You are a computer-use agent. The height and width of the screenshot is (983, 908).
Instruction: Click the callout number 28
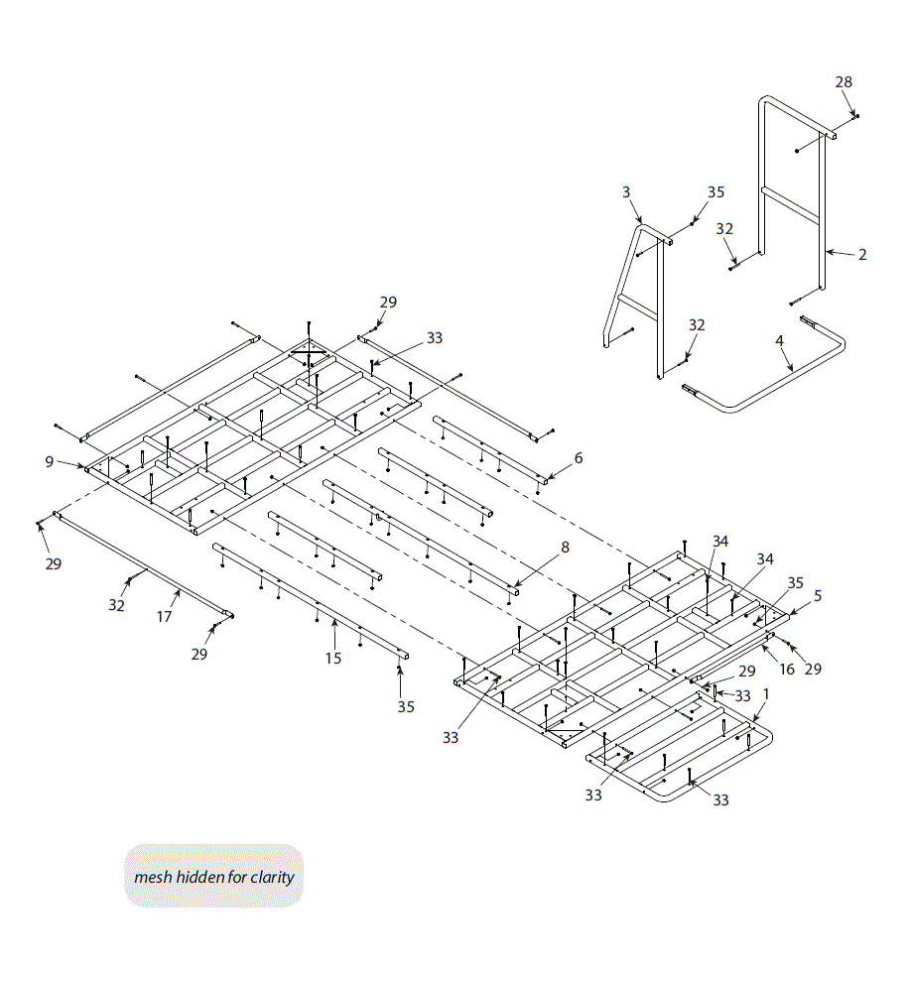click(x=843, y=82)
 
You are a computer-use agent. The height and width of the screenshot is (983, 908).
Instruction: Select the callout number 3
click(x=626, y=191)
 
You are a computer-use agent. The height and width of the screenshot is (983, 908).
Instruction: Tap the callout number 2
click(x=862, y=255)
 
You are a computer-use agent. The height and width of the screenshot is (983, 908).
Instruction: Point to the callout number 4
click(x=780, y=340)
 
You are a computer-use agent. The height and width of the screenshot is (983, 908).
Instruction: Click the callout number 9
click(x=49, y=461)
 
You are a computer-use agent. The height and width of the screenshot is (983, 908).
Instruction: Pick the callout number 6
click(x=579, y=458)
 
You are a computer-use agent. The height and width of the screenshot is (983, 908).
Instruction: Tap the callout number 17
click(x=165, y=616)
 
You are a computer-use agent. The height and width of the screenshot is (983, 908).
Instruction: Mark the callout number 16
click(x=786, y=670)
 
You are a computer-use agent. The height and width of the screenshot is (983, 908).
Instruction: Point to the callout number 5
click(x=818, y=596)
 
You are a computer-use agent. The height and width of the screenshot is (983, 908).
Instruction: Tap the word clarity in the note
click(x=272, y=877)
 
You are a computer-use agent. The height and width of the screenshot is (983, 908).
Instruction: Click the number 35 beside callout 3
click(x=716, y=191)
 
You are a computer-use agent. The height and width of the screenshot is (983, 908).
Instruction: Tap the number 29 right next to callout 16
click(x=813, y=670)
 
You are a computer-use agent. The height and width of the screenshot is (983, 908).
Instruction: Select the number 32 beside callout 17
click(x=117, y=605)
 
